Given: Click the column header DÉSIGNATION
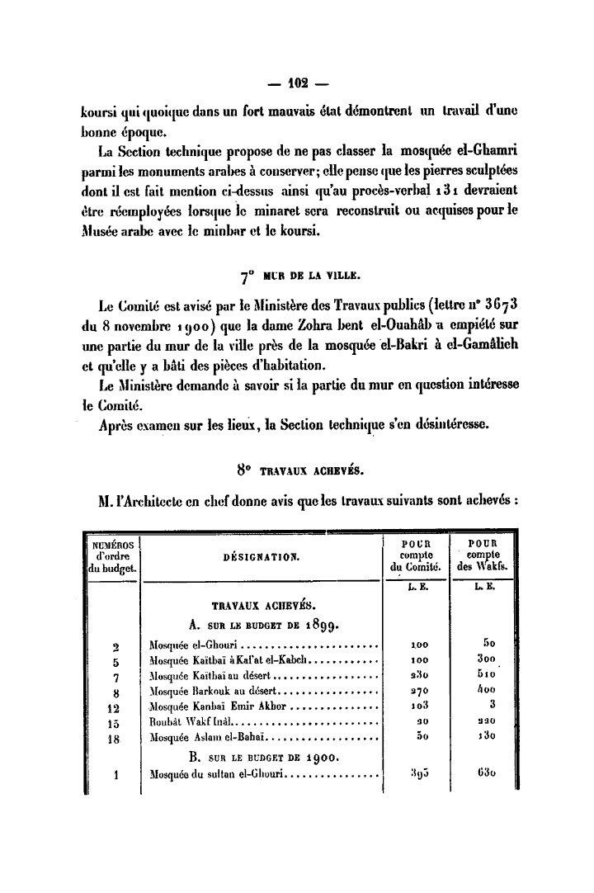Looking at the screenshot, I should [262, 555].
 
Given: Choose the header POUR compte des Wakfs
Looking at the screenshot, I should [482, 555].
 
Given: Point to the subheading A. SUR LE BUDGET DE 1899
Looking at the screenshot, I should [261, 622].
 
